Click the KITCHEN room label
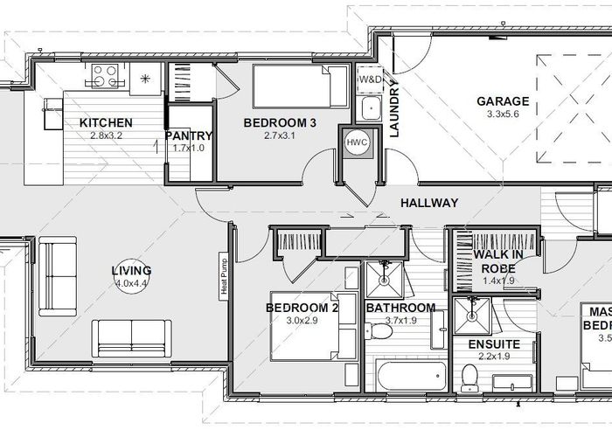[106, 123]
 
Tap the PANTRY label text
[188, 135]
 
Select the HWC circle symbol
[357, 142]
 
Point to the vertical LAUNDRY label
[394, 109]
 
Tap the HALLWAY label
[429, 203]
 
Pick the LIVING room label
[131, 270]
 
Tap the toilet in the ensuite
[469, 376]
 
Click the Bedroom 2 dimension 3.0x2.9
[289, 320]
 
